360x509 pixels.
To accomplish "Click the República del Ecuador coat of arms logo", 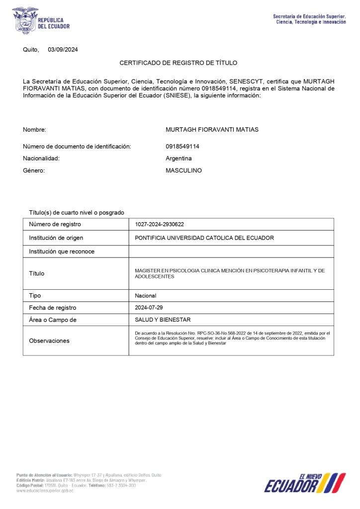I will point(25,20).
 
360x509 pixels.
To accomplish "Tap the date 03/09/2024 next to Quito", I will point(63,50).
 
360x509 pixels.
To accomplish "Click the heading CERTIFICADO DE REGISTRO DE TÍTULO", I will point(179,63).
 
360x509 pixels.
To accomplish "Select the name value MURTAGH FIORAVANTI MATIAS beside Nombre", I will point(212,130).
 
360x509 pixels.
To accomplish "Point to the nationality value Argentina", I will point(179,159).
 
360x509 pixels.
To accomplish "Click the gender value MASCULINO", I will point(183,170).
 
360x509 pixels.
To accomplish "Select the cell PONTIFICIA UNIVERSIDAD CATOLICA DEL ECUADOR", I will point(204,238).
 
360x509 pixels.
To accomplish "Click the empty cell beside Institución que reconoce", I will point(231,252).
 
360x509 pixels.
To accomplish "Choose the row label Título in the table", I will point(36,273).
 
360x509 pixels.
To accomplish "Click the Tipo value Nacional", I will point(145,296).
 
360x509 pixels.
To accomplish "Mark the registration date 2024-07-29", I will point(149,308).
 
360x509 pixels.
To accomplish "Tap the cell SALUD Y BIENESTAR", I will point(163,320).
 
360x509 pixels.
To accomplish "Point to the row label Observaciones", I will point(49,341).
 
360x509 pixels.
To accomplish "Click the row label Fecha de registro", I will point(53,308).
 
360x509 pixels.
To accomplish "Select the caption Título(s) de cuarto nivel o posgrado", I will point(76,213).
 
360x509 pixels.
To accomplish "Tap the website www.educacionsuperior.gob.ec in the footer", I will point(45,491).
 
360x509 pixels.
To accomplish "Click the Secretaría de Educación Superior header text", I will point(309,19).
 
